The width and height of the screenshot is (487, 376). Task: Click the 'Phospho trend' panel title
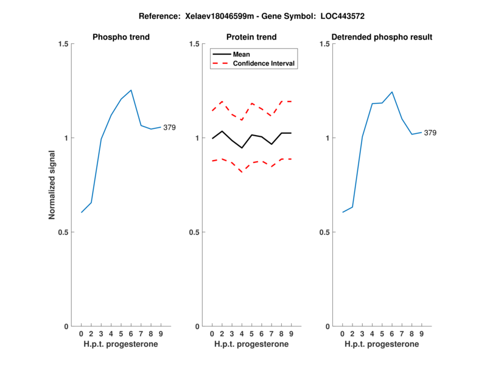coord(121,37)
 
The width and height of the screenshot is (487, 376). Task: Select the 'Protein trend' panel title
coord(251,37)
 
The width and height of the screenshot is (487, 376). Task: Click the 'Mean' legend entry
coord(241,54)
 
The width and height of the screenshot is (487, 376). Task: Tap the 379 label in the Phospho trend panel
coord(169,127)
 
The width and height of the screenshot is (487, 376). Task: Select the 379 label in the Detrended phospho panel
coord(430,133)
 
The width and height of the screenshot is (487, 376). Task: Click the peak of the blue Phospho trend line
coord(131,90)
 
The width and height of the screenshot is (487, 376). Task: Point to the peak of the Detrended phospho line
coord(392,92)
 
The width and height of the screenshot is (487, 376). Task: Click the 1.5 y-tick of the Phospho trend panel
coord(63,44)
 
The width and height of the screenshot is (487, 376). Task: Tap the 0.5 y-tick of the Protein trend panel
coord(194,232)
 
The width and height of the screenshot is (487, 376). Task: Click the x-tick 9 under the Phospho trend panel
coord(161,334)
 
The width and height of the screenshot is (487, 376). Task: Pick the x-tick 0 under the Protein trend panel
coord(212,334)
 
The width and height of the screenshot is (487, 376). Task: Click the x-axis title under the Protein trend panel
coord(251,344)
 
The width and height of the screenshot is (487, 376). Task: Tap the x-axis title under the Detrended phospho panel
coord(382,344)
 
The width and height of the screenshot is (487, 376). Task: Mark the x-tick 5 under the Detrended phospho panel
coord(382,334)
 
